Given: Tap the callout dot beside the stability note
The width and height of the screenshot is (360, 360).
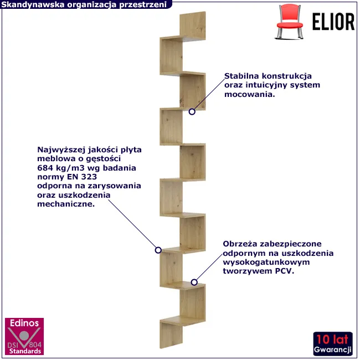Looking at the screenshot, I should [192, 111].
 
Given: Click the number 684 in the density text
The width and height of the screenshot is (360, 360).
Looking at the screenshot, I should [45, 168].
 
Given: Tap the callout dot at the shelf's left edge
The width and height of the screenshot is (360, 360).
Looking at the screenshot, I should [158, 250].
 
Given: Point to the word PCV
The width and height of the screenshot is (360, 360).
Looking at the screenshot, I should [284, 272].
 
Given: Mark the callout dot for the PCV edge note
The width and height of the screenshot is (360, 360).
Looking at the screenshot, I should [194, 282].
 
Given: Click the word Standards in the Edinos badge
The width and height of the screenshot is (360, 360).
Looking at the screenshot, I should [23, 351].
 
